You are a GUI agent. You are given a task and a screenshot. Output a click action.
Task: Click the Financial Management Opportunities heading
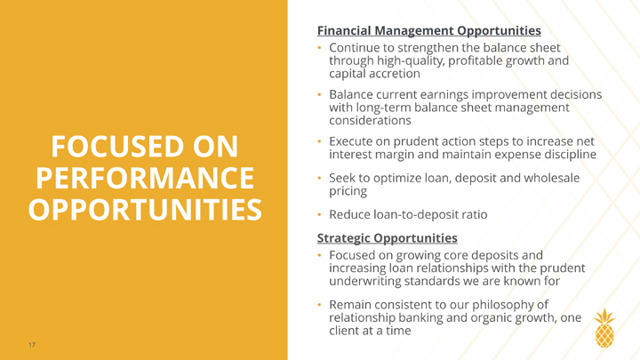pos(429,30)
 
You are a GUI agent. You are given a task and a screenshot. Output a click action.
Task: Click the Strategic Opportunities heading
pos(387,238)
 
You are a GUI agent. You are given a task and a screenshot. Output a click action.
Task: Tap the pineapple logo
pos(604,328)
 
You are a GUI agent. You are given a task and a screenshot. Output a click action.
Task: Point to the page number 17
pos(32,345)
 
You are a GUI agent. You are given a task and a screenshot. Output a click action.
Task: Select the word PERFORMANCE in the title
pos(145,178)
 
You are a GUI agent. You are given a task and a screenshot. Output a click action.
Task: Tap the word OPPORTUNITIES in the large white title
pos(145,210)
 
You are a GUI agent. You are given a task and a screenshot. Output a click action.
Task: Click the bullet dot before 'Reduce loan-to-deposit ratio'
pos(320,215)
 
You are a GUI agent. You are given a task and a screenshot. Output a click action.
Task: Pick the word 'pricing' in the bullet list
pos(348,191)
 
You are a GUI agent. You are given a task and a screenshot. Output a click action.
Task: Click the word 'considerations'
pos(370,120)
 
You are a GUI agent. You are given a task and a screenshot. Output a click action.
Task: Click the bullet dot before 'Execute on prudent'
pos(320,141)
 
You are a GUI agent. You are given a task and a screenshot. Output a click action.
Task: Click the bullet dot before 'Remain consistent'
pos(320,305)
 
